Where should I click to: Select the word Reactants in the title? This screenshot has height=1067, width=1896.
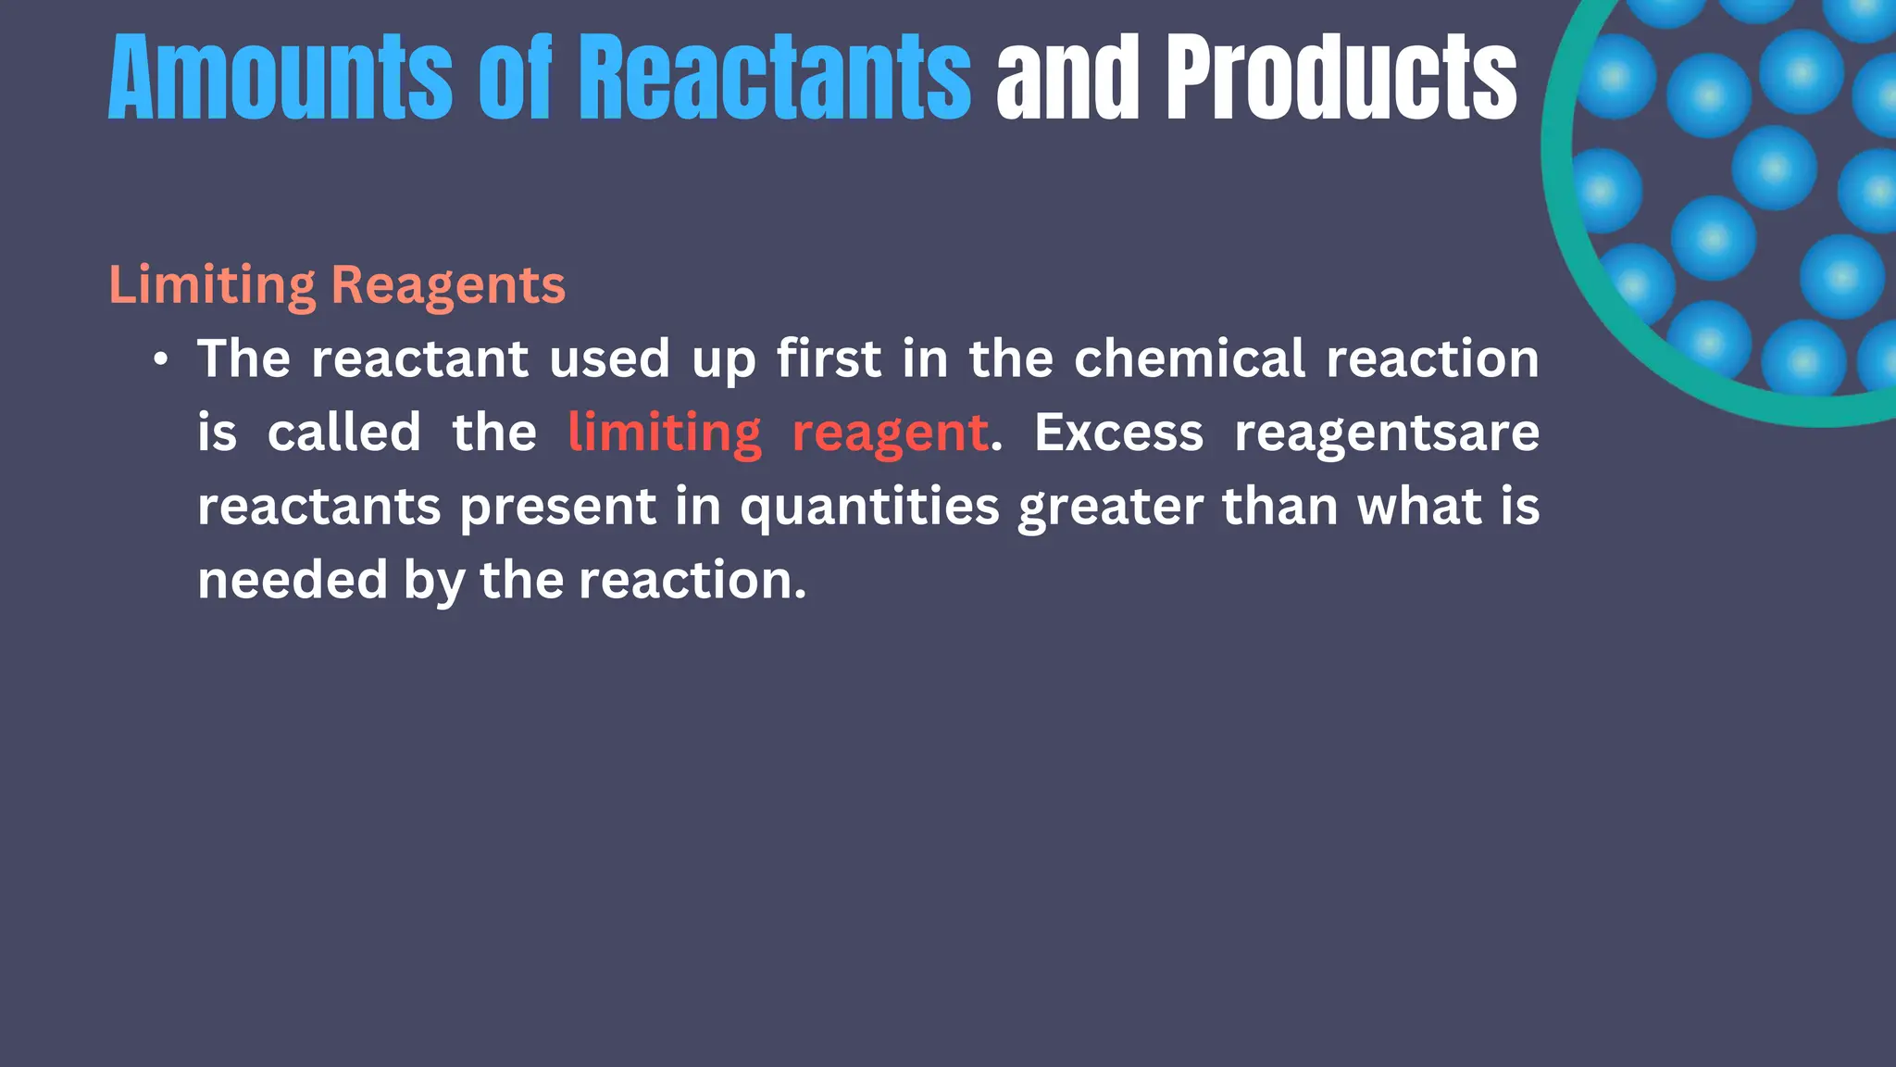pos(775,78)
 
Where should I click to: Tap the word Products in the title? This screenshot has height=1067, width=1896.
pos(1341,78)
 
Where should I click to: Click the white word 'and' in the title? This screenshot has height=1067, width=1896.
pos(1067,78)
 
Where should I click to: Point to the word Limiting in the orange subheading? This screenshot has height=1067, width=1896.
pos(212,284)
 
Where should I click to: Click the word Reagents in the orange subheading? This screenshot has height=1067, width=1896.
pos(448,286)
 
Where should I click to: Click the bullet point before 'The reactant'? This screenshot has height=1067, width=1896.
pos(162,360)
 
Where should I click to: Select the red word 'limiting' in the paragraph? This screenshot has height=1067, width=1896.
pos(665,433)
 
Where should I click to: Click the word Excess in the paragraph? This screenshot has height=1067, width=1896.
pos(1118,433)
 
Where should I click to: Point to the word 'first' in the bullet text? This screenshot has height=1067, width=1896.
pos(829,358)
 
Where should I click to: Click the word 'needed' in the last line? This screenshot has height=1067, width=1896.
pos(293,581)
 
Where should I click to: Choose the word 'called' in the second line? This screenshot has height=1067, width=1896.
pos(344,433)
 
